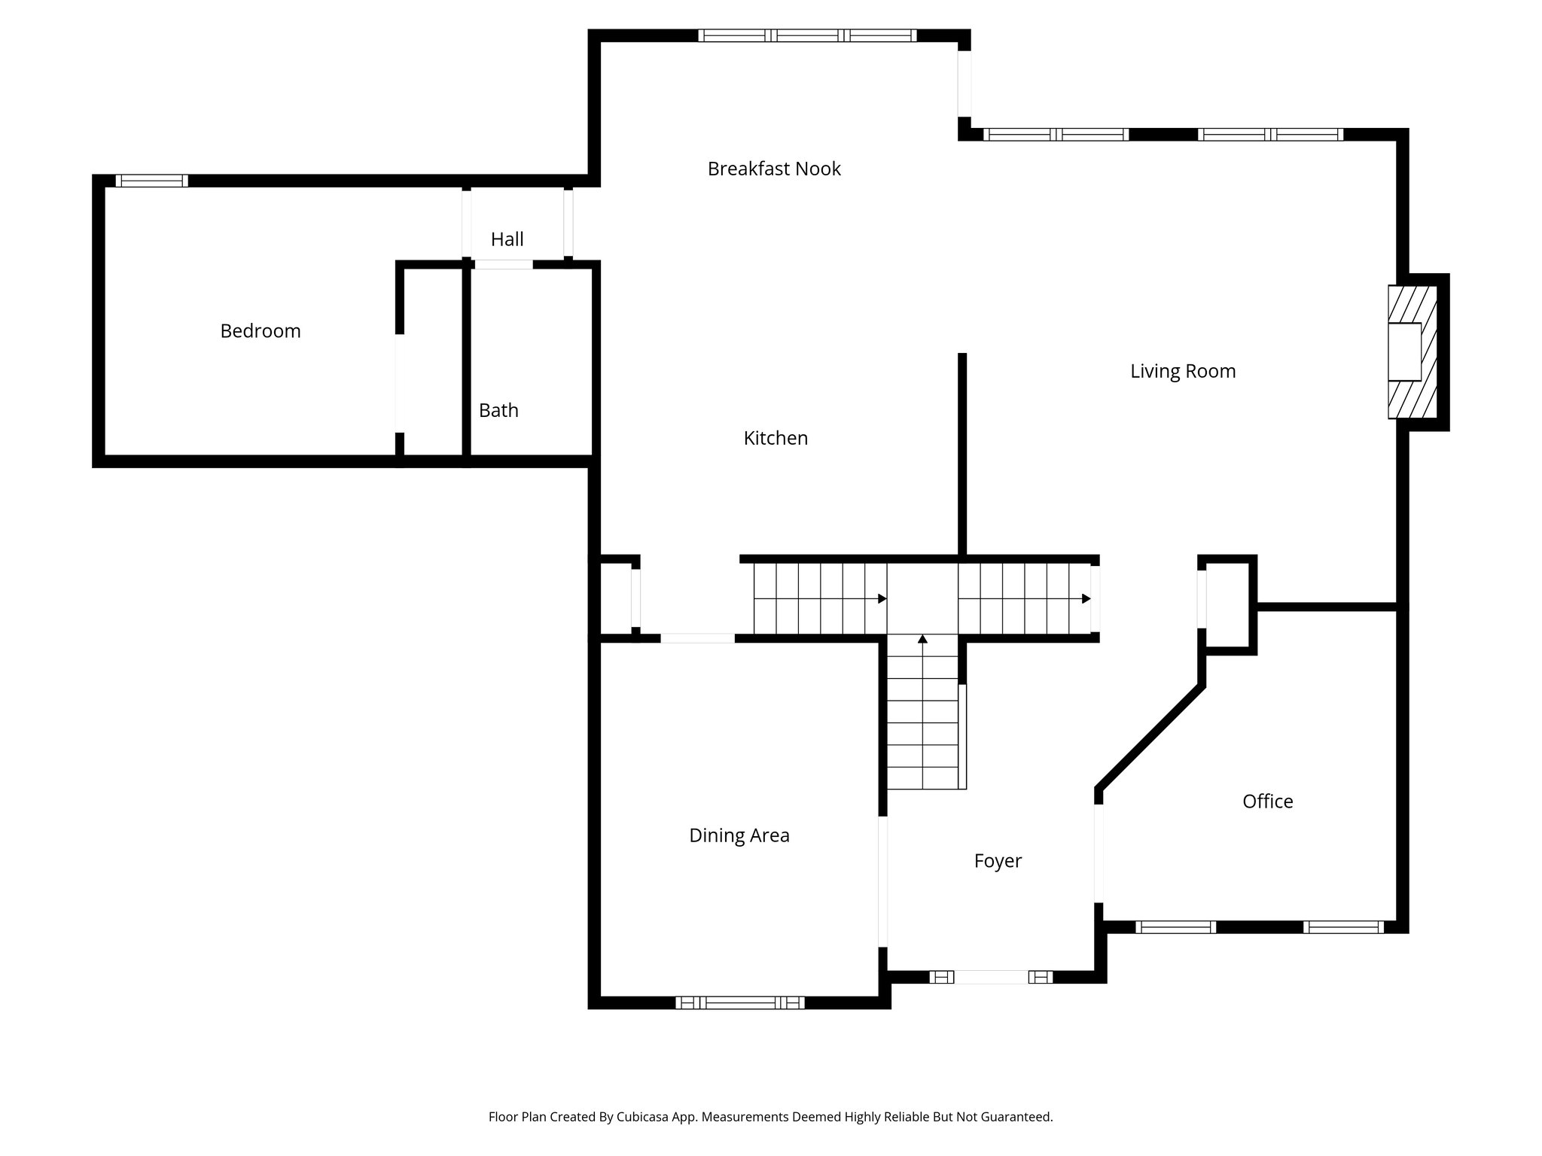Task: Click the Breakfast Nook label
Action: pos(774,169)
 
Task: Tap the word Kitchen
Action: pos(776,438)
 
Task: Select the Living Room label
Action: pos(1183,371)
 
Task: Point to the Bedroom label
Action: pos(261,331)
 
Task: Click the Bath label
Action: pos(498,410)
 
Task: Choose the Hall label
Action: pos(507,239)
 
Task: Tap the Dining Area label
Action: pos(739,835)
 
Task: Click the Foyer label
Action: pos(998,861)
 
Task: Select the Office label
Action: pos(1267,802)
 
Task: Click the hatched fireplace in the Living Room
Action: pos(1412,351)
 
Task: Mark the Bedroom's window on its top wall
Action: pos(151,181)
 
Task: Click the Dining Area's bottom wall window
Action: pos(739,1002)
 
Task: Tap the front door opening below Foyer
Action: pos(990,977)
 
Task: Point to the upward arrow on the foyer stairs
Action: pos(922,640)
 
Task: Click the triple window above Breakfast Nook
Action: pos(807,35)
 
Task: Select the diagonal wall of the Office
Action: pos(1149,738)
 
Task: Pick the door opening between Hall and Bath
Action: pos(503,264)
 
